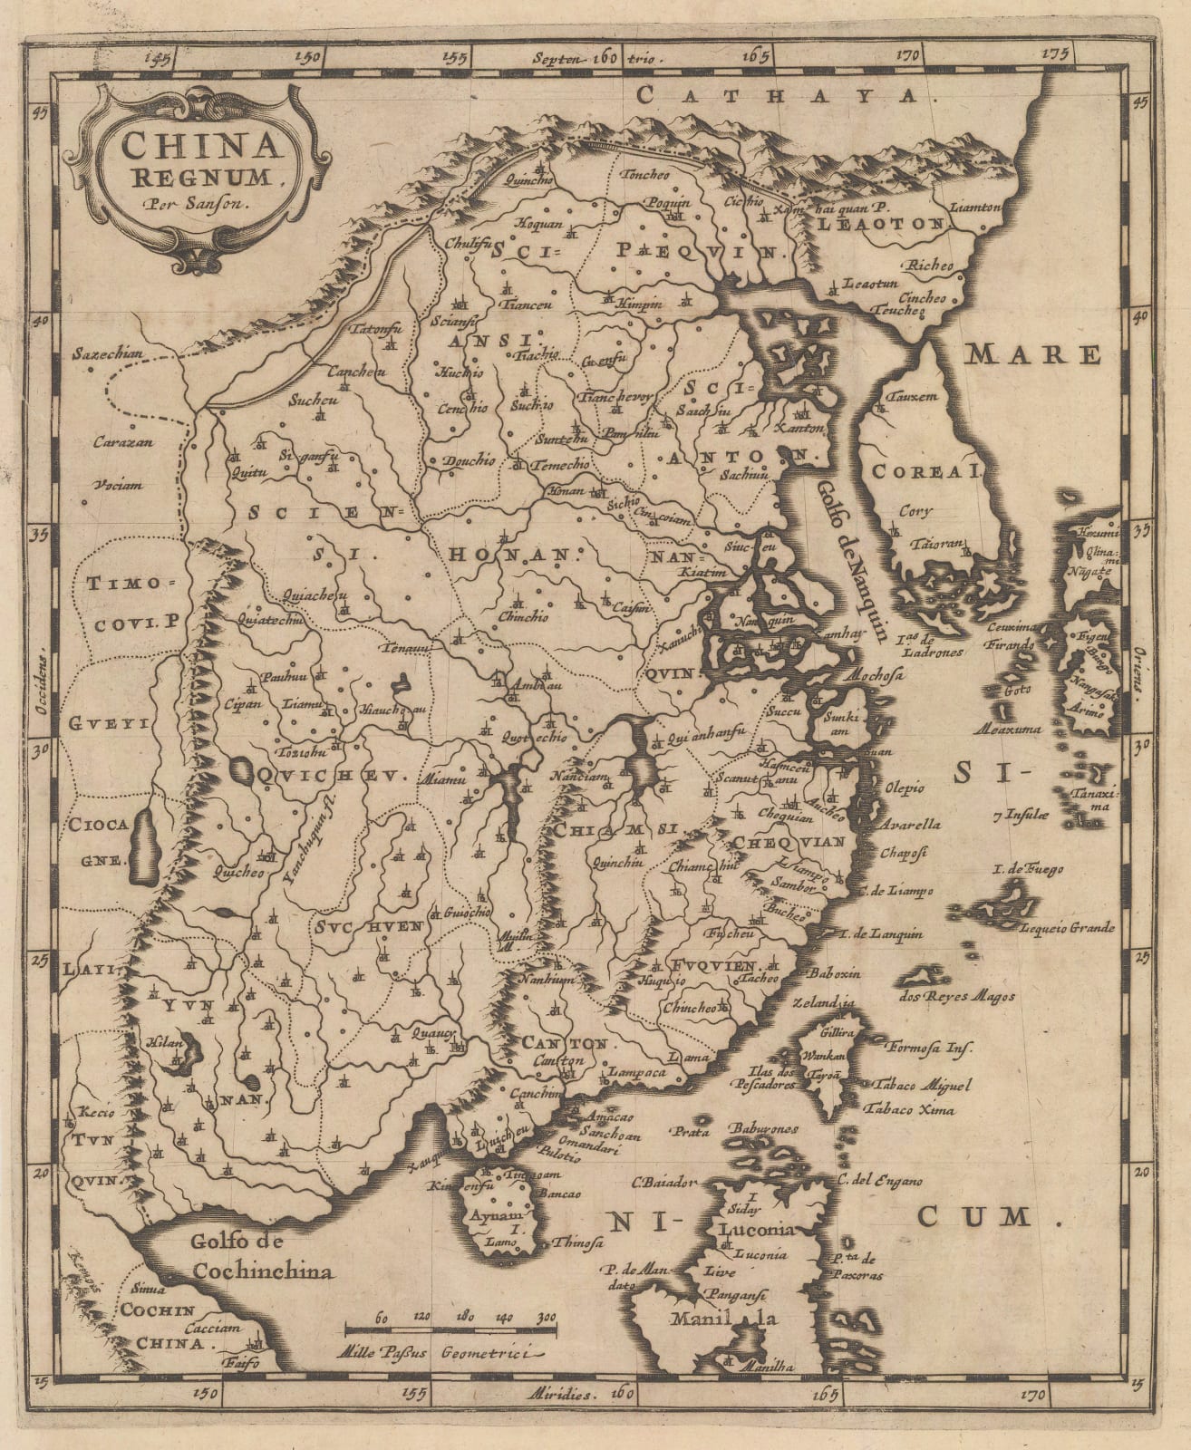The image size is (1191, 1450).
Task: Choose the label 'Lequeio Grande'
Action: click(x=1066, y=928)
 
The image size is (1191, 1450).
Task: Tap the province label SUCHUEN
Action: click(x=370, y=926)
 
